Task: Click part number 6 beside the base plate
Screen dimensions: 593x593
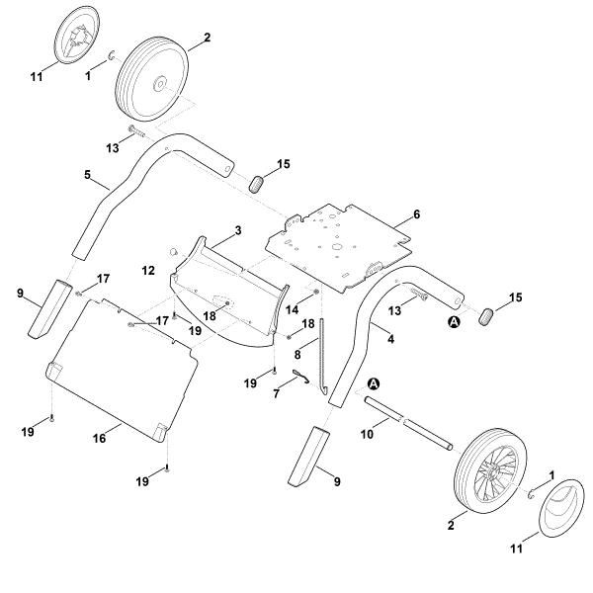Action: point(416,213)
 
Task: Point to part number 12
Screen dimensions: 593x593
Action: point(147,269)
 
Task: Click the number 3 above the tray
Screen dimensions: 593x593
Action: point(237,230)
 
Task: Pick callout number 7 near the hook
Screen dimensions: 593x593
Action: point(277,394)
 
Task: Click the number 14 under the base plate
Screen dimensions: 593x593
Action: point(292,309)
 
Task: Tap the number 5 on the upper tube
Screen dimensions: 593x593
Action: point(88,176)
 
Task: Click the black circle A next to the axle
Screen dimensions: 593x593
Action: point(375,383)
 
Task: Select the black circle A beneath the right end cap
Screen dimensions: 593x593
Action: point(454,323)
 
